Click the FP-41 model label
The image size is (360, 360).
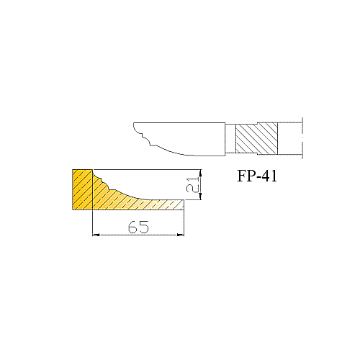coord(257,176)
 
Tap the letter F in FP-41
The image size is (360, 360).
coord(241,176)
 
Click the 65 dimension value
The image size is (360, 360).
coord(138,227)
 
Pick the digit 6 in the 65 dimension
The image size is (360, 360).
coord(132,227)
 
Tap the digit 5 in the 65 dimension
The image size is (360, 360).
coord(144,227)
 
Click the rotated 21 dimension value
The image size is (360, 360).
coord(193,184)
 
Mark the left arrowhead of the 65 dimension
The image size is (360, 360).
coord(96,235)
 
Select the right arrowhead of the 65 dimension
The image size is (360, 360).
coord(181,235)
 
